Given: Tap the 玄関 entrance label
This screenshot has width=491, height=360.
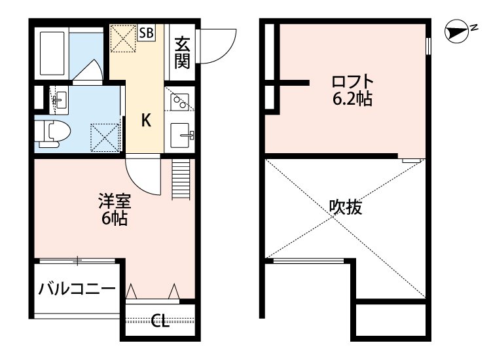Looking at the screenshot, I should tap(182, 52).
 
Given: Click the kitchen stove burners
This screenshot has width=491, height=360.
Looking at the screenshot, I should tap(179, 101).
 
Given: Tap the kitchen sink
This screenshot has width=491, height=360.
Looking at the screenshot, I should tap(180, 136).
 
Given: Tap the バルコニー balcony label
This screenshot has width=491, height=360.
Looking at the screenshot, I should tap(77, 289).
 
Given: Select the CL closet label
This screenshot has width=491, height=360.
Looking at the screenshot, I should tap(159, 321).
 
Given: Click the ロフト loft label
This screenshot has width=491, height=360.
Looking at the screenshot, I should tap(353, 82).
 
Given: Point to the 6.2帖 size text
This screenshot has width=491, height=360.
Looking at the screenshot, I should tap(353, 100).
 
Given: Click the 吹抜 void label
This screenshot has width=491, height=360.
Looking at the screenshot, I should tap(345, 208).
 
